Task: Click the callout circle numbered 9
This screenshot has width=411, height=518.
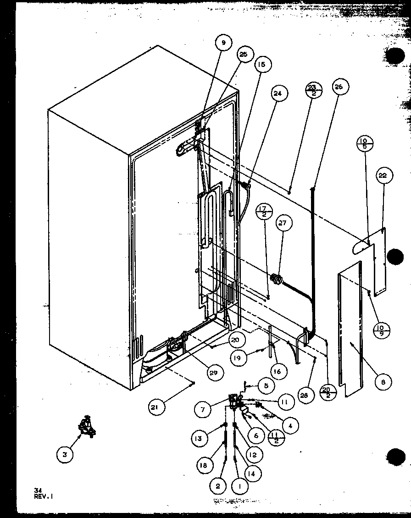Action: click(223, 43)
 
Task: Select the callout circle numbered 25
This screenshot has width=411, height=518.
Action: click(243, 55)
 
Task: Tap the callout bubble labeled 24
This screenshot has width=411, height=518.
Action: click(277, 94)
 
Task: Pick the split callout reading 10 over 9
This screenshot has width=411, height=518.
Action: click(381, 331)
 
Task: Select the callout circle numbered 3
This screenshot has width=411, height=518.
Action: click(65, 454)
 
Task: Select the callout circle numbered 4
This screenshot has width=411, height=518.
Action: click(290, 425)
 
